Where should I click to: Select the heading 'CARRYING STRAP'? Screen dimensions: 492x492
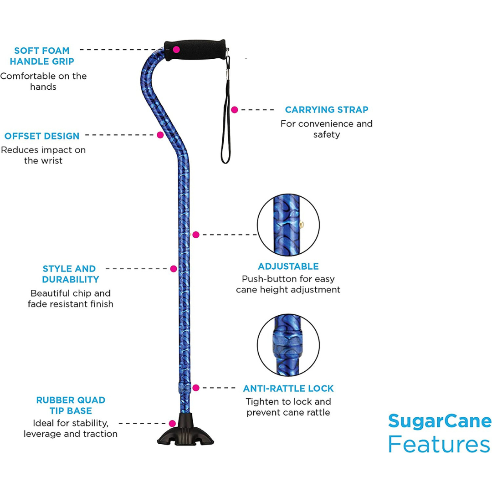point(327,110)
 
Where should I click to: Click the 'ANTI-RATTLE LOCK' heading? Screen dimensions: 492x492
point(288,389)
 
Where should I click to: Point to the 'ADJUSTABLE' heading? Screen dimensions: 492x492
point(288,266)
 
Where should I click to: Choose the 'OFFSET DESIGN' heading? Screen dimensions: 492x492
point(42,136)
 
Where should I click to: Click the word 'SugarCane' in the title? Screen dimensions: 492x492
point(440,421)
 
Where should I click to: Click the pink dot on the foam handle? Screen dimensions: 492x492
point(176,49)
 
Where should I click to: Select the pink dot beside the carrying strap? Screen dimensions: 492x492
point(235,110)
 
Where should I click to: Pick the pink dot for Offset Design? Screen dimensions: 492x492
point(160,135)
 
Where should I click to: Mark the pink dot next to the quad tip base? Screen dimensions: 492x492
point(172,423)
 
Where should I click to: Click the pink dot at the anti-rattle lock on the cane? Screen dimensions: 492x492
point(196,388)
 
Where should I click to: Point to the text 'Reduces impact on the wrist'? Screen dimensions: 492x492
point(43,155)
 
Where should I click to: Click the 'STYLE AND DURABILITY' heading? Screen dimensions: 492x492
point(69,274)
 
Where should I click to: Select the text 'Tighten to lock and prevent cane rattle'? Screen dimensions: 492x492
point(288,407)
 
